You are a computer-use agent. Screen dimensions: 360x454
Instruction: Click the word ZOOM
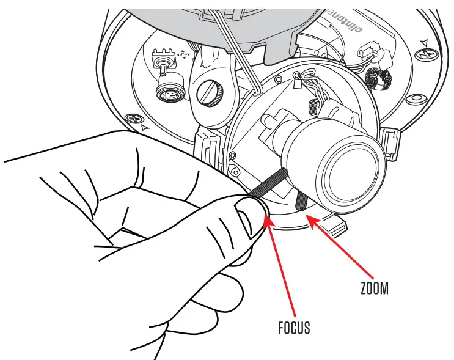pos(374,287)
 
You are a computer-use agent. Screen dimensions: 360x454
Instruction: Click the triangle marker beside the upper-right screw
pos(424,42)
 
